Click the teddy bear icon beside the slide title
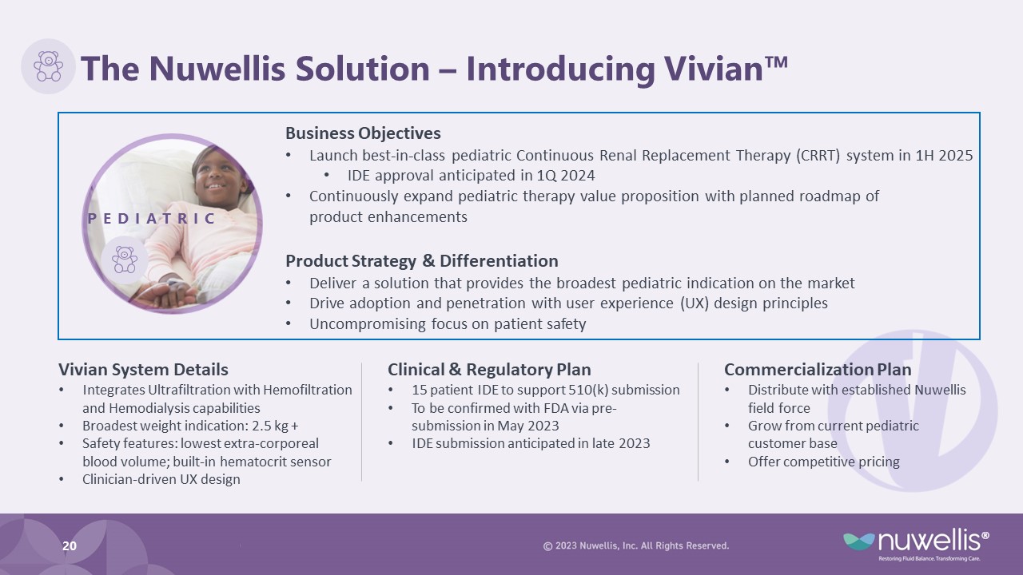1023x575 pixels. coord(49,66)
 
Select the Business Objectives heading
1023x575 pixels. coord(363,133)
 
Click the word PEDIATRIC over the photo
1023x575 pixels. coord(151,219)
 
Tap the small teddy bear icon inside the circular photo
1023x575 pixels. coord(124,260)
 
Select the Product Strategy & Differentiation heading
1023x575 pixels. coord(422,261)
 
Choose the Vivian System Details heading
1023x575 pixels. coord(143,370)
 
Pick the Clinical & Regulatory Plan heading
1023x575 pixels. coord(489,370)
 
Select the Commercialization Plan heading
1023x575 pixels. coord(818,370)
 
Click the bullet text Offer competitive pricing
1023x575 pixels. coord(824,462)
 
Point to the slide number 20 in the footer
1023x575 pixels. coord(70,545)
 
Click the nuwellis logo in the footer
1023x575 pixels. coord(916,545)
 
